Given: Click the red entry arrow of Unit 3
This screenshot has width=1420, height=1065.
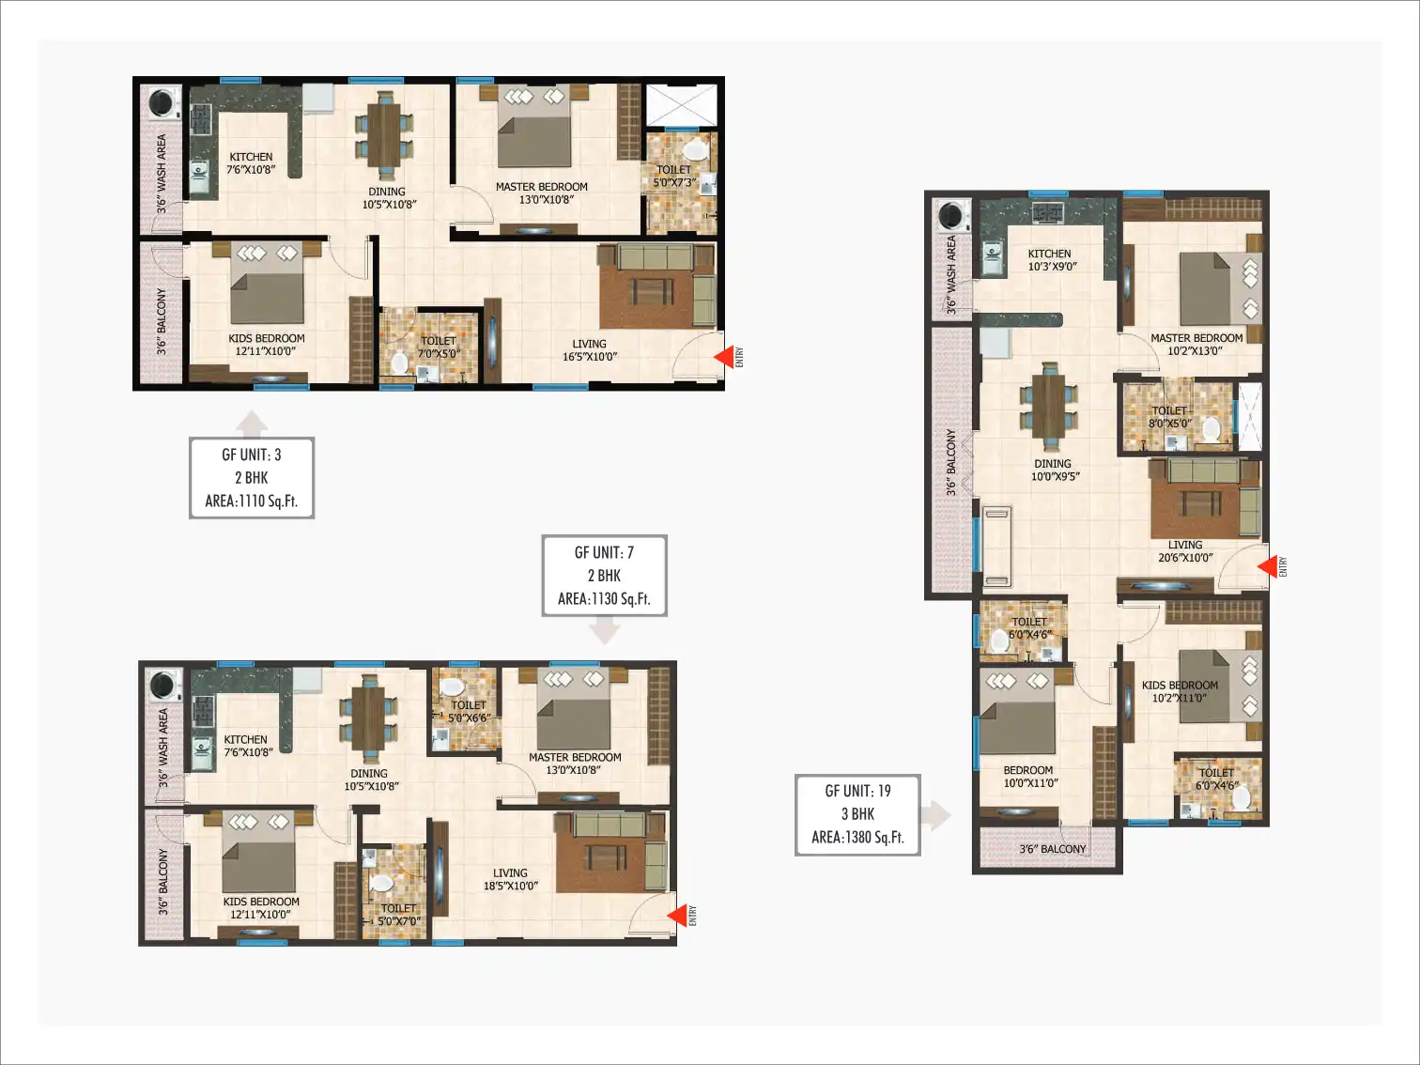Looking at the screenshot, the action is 724,356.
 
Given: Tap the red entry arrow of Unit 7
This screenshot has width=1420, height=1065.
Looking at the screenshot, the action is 677,915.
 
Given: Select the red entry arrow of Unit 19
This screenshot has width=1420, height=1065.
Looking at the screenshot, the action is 1267,566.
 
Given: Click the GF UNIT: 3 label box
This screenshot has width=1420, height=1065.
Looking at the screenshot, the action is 252,478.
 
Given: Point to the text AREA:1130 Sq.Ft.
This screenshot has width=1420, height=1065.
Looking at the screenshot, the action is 604,599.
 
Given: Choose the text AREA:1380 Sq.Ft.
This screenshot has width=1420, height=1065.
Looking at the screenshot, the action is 857,838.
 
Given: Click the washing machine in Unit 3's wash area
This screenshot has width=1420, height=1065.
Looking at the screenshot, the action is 162,103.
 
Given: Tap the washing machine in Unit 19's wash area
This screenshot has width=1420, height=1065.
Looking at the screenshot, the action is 951,215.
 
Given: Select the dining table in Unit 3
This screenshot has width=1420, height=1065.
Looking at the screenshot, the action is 384,134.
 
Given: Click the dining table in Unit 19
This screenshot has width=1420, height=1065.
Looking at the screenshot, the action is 1049,406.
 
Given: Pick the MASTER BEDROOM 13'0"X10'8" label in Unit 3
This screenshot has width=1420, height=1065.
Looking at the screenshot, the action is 542,193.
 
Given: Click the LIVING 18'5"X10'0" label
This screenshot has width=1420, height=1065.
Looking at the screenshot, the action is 510,879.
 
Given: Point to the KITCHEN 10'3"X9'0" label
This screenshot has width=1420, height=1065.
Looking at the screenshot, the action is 1050,260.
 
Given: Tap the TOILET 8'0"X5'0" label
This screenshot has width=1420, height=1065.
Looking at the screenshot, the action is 1169,417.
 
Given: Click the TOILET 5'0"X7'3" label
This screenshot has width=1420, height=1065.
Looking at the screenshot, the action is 674,176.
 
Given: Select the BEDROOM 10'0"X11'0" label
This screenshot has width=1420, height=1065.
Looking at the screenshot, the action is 1028,776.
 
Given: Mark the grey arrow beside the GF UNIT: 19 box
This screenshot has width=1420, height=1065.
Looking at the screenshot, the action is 936,815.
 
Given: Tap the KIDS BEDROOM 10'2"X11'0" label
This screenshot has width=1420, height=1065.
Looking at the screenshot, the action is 1180,691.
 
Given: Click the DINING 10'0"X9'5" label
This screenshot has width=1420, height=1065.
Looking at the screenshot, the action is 1053,471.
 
